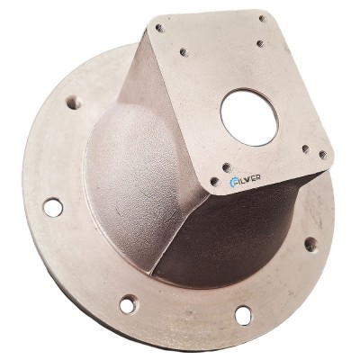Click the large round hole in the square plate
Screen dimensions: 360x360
[x=249, y=117]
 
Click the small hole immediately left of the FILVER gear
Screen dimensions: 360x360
[x=215, y=182]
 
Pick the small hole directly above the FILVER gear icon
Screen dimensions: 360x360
[x=228, y=167]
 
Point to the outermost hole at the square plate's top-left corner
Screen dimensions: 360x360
[x=160, y=29]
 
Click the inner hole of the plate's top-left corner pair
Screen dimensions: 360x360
[x=184, y=53]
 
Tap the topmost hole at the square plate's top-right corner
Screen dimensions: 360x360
[x=263, y=19]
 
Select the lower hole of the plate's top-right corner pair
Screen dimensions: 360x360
[x=261, y=44]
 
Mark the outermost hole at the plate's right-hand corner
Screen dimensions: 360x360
[x=323, y=155]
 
